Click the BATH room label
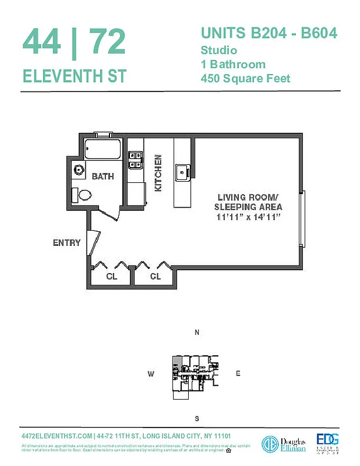103,176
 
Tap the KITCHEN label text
157,173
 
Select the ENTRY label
66,242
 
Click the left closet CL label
111,277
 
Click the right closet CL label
155,277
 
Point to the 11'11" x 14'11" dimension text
249,217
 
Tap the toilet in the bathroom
82,195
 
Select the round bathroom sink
79,170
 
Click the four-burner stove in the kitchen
136,160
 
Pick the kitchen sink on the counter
182,171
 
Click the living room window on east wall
301,219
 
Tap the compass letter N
197,333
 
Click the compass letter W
150,375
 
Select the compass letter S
197,419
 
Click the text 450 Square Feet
245,78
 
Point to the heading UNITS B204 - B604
269,33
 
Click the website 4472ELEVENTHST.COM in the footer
57,436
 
